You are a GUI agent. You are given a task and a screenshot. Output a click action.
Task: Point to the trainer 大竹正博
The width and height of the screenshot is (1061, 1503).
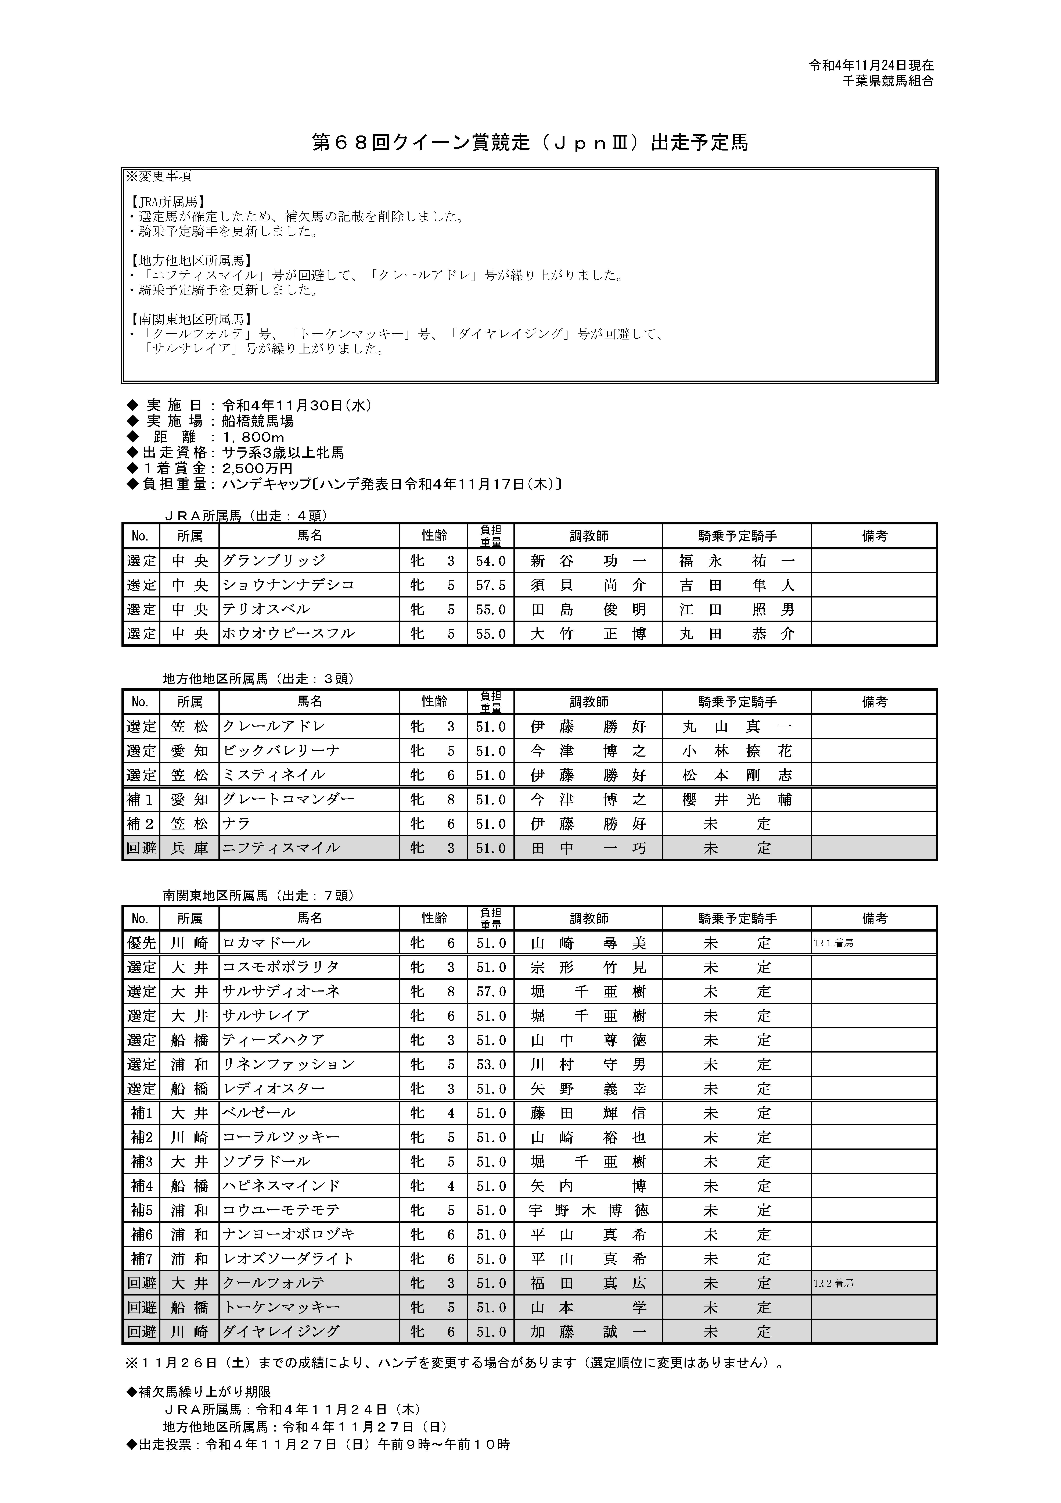[588, 634]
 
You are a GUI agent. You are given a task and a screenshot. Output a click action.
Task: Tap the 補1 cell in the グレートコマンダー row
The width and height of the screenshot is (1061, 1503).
[141, 799]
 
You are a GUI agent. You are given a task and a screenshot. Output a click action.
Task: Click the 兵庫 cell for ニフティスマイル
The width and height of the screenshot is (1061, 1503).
[190, 848]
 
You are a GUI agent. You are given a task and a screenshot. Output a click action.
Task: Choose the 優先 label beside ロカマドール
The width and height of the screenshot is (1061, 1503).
[141, 943]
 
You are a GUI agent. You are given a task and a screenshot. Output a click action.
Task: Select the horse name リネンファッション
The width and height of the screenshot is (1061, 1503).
[288, 1064]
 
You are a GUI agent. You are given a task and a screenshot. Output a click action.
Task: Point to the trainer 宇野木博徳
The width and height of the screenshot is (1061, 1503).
[588, 1210]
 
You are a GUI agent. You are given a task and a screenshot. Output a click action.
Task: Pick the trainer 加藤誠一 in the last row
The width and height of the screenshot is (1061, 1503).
[588, 1332]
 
